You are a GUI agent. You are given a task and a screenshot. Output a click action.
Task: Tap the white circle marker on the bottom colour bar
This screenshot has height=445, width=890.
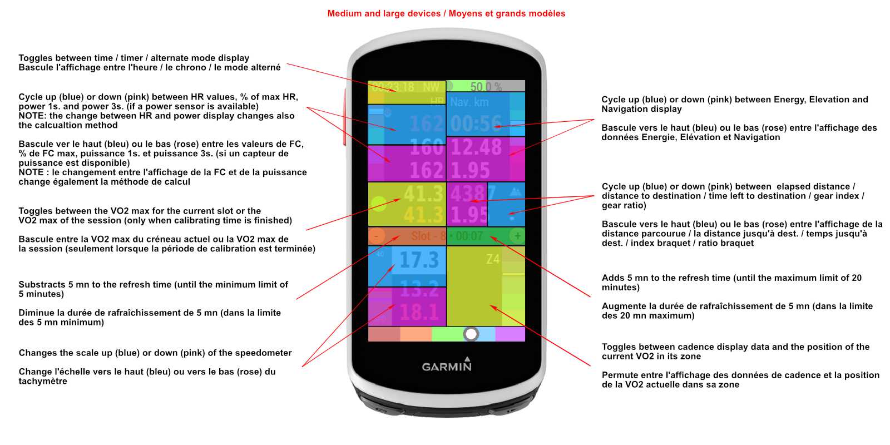click(x=471, y=334)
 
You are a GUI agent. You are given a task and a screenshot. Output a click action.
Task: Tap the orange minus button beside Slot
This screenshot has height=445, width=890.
click(x=376, y=236)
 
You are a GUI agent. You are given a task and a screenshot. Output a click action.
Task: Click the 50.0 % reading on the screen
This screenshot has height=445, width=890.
click(x=486, y=87)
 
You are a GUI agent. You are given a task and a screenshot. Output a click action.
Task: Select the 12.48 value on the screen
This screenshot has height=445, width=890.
click(x=476, y=147)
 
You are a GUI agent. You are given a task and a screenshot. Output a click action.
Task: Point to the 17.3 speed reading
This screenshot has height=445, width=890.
click(x=419, y=260)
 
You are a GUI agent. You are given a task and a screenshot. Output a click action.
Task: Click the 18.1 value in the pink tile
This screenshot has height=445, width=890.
click(x=419, y=312)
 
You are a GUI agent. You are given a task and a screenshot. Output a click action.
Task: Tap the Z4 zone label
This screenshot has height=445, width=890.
click(x=493, y=259)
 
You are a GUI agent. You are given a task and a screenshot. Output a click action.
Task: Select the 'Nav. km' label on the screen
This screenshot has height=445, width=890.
click(x=469, y=102)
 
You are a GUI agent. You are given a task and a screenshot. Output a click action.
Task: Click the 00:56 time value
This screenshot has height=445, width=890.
click(x=476, y=123)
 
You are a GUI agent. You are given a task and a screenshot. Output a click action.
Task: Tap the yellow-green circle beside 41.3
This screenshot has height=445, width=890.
click(x=379, y=204)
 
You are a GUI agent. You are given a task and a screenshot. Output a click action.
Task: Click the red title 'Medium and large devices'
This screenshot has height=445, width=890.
click(x=384, y=13)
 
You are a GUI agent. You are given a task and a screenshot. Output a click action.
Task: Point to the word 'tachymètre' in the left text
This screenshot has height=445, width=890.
click(x=43, y=381)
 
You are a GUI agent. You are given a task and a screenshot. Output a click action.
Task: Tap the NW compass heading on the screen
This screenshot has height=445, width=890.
click(x=431, y=87)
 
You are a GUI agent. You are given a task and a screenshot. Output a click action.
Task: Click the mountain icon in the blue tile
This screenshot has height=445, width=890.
click(x=516, y=191)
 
